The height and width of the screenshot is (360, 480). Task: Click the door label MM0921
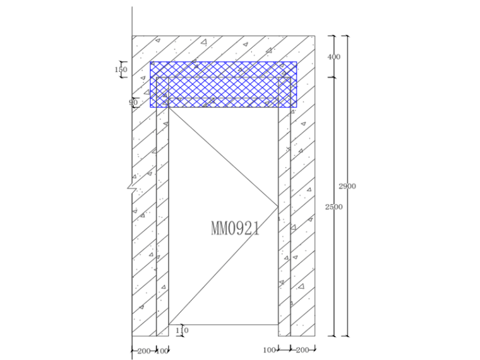coord(235,229)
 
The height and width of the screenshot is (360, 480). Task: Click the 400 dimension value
coord(333,57)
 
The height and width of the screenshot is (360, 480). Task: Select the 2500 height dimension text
coord(333,207)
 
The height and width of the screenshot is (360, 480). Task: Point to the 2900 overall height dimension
coord(347,186)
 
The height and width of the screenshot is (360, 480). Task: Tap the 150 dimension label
coord(121,69)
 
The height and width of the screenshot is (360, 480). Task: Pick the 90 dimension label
coord(133,102)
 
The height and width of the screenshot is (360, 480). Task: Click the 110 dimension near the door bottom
coord(182,330)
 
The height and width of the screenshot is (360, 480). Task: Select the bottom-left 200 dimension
coord(144,351)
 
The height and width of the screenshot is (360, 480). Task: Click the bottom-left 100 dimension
coord(162,351)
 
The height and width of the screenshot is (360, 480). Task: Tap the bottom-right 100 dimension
coord(270,350)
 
